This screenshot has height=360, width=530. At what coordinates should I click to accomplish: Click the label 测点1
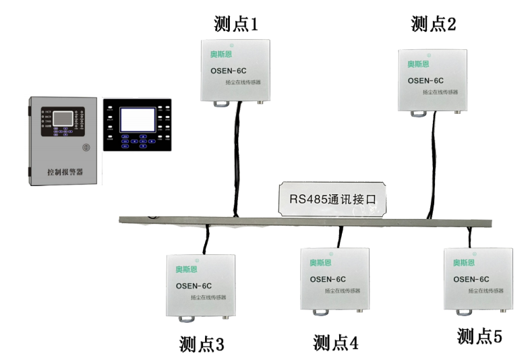pos(236,26)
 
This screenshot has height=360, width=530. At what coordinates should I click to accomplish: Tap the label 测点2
pos(434,25)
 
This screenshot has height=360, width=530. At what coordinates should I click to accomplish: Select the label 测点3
pos(202,344)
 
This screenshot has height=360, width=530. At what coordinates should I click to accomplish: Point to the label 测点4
pos(335,342)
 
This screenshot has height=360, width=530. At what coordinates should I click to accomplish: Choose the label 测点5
pos(479,336)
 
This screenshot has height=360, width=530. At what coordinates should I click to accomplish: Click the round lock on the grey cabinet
pos(86,147)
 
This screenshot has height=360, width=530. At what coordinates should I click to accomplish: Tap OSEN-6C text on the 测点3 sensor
pos(194,284)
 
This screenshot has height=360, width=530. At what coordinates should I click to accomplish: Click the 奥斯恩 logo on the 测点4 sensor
pos(320,262)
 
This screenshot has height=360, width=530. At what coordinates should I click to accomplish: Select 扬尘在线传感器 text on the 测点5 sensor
pos(485,292)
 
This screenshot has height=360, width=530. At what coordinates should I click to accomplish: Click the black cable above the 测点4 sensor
pos(341,237)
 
